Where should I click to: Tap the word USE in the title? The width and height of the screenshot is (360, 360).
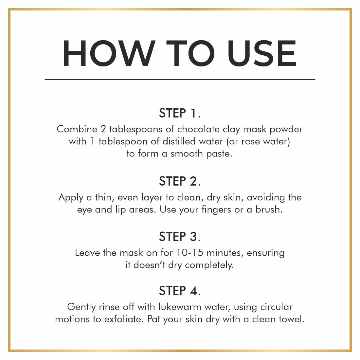(262, 53)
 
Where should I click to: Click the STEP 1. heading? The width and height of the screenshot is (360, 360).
(180, 113)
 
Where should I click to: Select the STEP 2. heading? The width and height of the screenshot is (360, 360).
(180, 181)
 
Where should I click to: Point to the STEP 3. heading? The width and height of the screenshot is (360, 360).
(180, 237)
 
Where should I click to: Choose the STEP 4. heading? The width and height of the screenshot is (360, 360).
(180, 291)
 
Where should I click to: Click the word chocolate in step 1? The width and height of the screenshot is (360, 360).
(198, 129)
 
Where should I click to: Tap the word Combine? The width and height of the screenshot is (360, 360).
(77, 129)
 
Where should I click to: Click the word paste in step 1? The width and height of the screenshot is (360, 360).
(219, 154)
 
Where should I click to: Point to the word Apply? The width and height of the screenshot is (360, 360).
(71, 198)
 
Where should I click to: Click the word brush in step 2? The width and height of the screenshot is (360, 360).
(269, 209)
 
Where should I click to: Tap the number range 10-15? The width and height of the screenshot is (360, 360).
(190, 253)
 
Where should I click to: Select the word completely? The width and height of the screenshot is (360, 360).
(209, 265)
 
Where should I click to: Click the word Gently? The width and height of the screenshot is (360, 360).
(81, 307)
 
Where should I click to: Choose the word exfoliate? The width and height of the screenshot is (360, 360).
(124, 319)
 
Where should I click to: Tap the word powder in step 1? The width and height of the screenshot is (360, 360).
(286, 130)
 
